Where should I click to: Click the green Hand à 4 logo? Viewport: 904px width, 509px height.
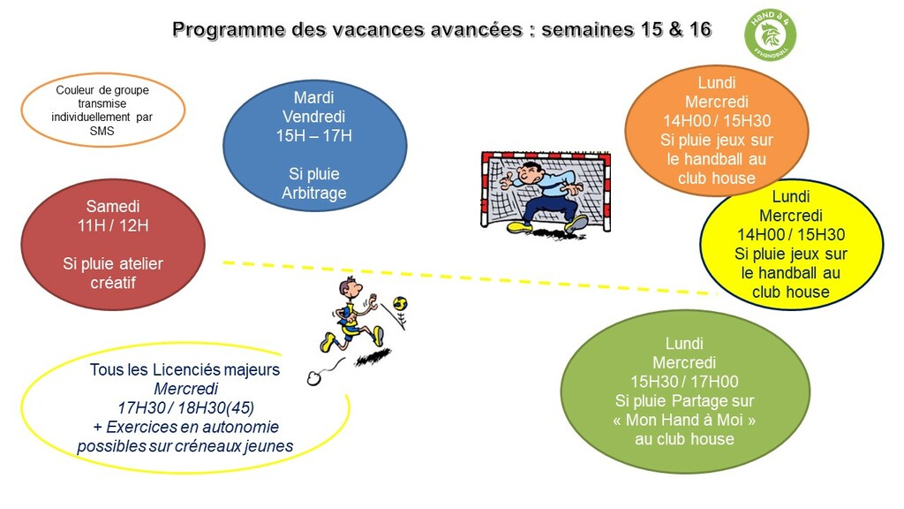click(770, 34)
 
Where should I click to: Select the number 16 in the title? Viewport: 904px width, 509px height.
click(700, 29)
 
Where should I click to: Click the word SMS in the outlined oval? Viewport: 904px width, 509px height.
click(102, 131)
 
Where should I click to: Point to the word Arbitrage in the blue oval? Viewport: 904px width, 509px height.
click(314, 193)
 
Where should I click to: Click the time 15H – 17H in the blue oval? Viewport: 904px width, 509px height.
click(314, 135)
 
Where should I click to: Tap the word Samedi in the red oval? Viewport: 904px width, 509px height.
click(113, 206)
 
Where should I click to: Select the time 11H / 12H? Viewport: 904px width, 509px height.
click(113, 225)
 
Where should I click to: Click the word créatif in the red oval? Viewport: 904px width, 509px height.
click(113, 282)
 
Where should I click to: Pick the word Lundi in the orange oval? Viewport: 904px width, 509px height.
click(717, 82)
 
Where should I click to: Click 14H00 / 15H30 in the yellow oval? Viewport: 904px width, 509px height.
click(791, 234)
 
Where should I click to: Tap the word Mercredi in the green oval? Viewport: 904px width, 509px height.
click(684, 362)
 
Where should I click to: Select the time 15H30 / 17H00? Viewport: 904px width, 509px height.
click(684, 382)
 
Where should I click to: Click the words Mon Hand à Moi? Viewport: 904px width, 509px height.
click(684, 420)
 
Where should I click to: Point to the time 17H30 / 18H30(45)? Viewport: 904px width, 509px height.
click(185, 407)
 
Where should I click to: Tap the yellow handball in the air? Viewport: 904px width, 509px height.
click(400, 302)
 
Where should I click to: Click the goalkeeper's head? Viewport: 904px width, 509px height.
click(531, 171)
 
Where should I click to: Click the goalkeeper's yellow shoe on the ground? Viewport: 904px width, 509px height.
click(520, 229)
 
